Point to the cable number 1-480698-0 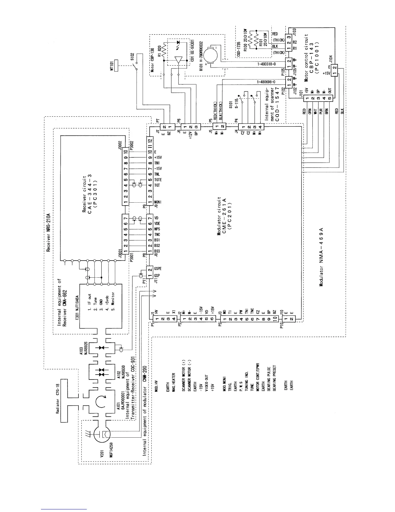tap(266, 82)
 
